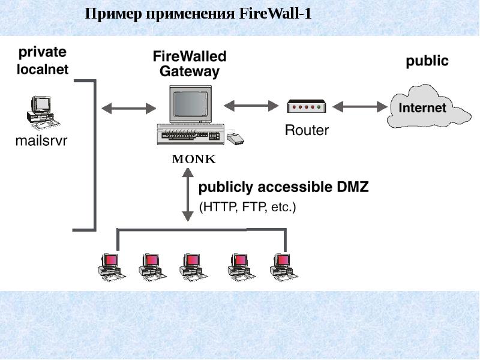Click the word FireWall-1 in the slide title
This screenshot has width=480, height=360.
click(275, 14)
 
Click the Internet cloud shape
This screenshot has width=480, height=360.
click(423, 107)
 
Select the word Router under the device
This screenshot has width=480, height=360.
click(306, 130)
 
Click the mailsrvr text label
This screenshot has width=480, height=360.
click(41, 141)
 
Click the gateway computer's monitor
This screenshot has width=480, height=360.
click(191, 104)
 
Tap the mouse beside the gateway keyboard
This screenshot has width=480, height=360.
click(235, 139)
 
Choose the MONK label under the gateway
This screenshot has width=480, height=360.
click(193, 160)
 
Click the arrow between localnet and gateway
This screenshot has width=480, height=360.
click(128, 109)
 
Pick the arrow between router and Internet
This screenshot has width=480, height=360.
click(360, 107)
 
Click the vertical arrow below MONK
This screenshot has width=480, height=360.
click(188, 196)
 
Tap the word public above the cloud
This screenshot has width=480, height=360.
click(427, 61)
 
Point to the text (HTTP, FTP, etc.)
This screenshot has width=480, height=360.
click(248, 208)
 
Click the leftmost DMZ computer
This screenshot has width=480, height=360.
click(110, 266)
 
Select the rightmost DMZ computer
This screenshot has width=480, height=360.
click(283, 266)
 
